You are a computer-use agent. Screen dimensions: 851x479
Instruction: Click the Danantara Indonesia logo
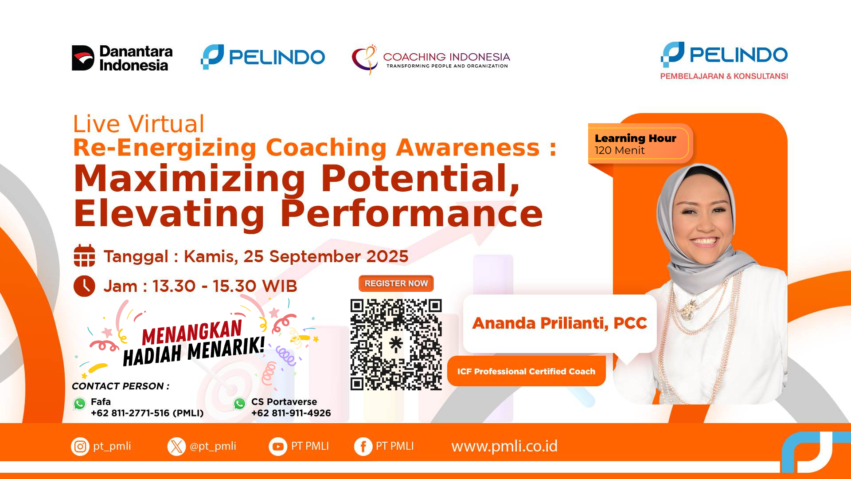pyautogui.click(x=122, y=58)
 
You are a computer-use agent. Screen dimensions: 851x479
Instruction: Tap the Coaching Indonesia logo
pyautogui.click(x=431, y=59)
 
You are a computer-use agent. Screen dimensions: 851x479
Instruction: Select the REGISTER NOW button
pyautogui.click(x=396, y=283)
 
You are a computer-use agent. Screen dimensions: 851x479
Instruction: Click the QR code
pyautogui.click(x=396, y=345)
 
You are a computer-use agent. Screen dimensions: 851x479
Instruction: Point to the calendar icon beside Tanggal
pyautogui.click(x=84, y=255)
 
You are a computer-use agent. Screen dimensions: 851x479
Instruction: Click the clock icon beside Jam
pyautogui.click(x=84, y=286)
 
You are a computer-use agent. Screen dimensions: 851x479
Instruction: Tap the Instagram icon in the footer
pyautogui.click(x=80, y=446)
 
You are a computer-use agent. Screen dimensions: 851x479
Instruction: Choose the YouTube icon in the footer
pyautogui.click(x=278, y=447)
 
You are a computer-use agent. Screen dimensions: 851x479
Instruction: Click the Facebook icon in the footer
pyautogui.click(x=363, y=447)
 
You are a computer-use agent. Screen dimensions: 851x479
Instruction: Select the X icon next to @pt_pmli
pyautogui.click(x=176, y=447)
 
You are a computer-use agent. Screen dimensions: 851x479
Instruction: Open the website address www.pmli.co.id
pyautogui.click(x=504, y=446)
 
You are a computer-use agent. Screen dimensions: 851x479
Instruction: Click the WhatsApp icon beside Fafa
pyautogui.click(x=80, y=404)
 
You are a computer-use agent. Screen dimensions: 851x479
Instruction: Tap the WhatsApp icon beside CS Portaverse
pyautogui.click(x=240, y=404)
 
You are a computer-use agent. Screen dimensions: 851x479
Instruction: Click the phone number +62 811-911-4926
pyautogui.click(x=291, y=413)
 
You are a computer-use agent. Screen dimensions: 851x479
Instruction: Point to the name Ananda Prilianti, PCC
pyautogui.click(x=560, y=323)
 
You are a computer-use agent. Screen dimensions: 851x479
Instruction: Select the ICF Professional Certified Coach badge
pyautogui.click(x=526, y=371)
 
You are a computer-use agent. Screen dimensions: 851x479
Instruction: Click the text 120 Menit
pyautogui.click(x=620, y=151)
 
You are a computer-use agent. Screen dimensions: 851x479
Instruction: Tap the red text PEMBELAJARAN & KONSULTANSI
pyautogui.click(x=724, y=76)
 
